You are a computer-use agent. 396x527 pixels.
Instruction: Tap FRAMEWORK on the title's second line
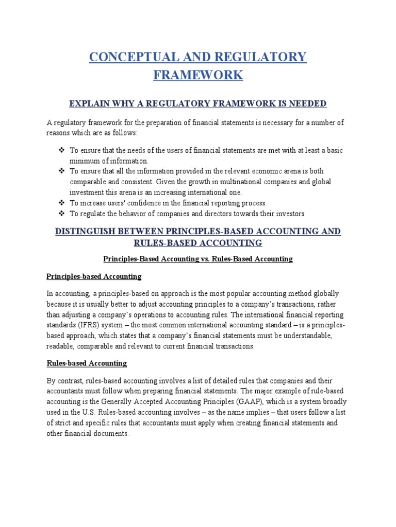pyautogui.click(x=198, y=75)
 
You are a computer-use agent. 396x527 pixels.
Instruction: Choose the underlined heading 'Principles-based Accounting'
pyautogui.click(x=94, y=276)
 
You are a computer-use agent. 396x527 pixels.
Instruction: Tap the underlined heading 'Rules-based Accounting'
pyautogui.click(x=87, y=363)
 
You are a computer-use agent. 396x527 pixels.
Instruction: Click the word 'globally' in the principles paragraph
pyautogui.click(x=324, y=294)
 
